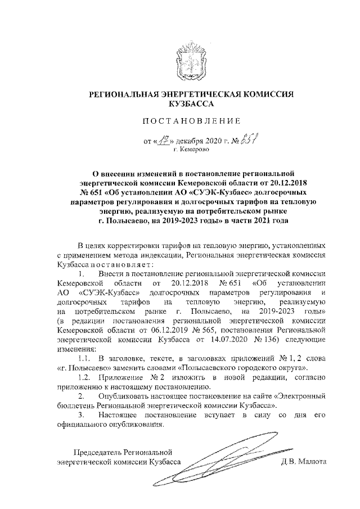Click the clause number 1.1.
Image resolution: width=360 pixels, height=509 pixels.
[84, 358]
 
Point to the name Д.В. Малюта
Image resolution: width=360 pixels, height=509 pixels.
[304, 462]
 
